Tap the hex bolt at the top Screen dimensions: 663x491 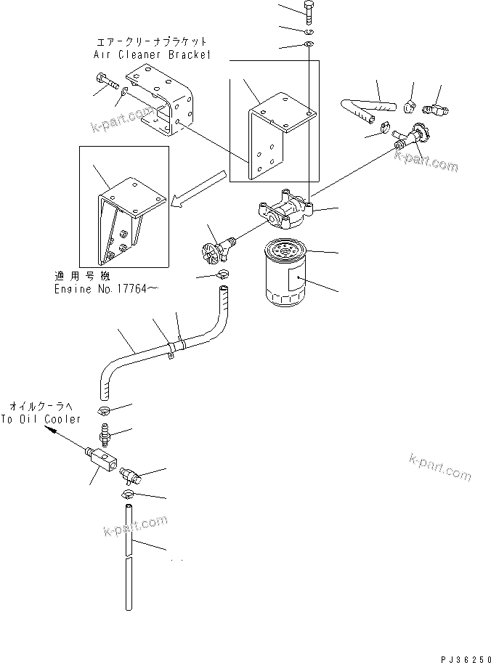(307, 12)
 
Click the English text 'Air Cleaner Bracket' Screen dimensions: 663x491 (152, 54)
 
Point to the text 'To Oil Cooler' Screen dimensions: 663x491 (41, 419)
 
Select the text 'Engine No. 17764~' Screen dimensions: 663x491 (106, 289)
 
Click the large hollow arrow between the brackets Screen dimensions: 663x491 (198, 188)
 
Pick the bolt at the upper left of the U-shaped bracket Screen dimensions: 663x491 (107, 81)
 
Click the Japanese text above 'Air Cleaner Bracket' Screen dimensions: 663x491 (152, 42)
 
